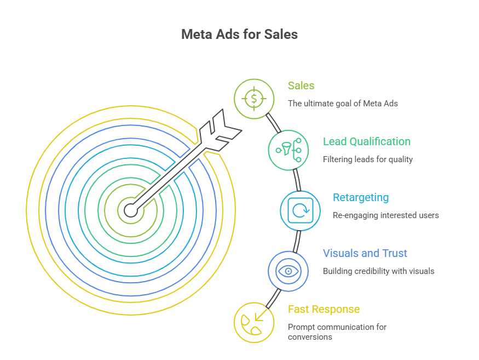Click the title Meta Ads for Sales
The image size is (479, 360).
coord(239,35)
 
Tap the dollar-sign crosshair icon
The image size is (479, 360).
coord(253,99)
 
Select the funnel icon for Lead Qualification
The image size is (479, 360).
coord(288,150)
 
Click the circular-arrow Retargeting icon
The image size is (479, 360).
coord(300,210)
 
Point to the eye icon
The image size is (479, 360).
coord(287,270)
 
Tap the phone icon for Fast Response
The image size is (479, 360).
coord(253,323)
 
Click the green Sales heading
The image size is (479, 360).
coord(301,85)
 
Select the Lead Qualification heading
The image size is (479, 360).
coord(366,141)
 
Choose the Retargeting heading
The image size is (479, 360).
coord(361,197)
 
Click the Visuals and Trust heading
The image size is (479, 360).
coord(365,253)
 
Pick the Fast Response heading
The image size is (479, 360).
coord(324,309)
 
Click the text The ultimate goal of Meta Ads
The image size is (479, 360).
coord(343,103)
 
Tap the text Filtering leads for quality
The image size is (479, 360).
coord(367,159)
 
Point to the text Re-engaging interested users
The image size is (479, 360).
coord(385,215)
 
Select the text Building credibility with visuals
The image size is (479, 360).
coord(378,271)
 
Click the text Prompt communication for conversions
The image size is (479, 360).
coord(337,332)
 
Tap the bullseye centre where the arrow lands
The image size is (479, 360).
coord(130,210)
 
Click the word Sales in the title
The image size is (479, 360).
coord(280,35)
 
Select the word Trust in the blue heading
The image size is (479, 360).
coord(394,253)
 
